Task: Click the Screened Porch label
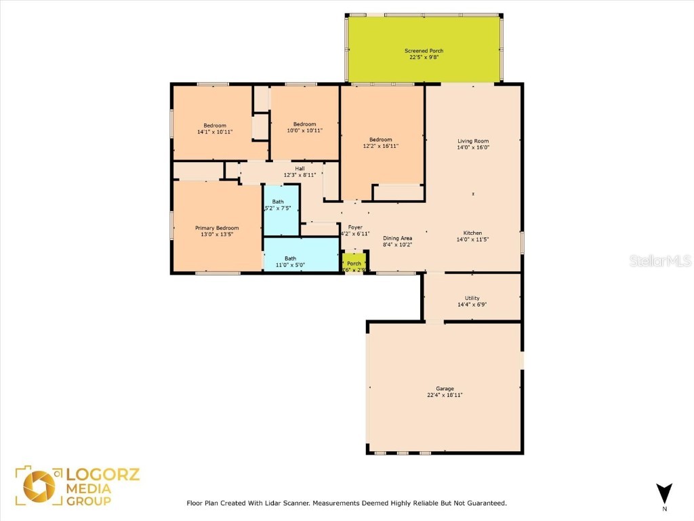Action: click(424, 51)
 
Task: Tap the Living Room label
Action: click(472, 141)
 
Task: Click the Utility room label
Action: click(472, 298)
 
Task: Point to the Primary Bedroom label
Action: click(217, 228)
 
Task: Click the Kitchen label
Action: click(472, 233)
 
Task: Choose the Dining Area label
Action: click(397, 238)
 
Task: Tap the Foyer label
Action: click(355, 227)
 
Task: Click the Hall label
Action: click(299, 168)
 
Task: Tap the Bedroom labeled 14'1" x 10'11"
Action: click(215, 126)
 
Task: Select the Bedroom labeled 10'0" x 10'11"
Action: click(304, 124)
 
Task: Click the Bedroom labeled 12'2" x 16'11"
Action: click(380, 140)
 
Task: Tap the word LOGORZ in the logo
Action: click(102, 474)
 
